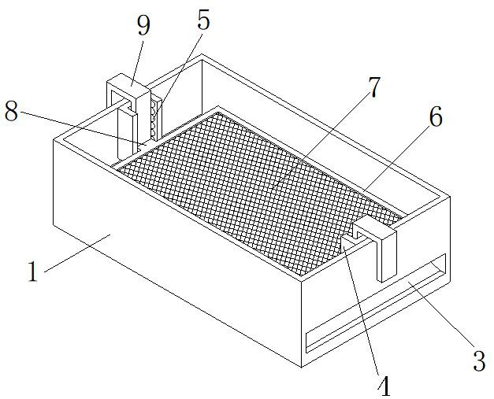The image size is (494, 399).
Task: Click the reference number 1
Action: [32, 272]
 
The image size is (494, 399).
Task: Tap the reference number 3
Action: [478, 361]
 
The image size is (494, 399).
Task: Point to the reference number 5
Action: [203, 21]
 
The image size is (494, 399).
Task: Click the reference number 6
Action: [435, 117]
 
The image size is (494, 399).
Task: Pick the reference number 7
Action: [375, 88]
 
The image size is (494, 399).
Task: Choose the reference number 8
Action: [11, 111]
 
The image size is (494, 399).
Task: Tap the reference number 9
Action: [143, 26]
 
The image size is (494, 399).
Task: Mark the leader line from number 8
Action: [79, 126]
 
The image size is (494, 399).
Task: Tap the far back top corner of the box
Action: [202, 55]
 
